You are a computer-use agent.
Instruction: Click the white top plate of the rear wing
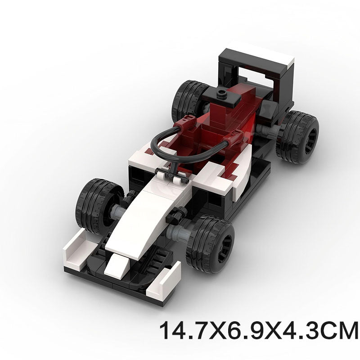pos(261,54)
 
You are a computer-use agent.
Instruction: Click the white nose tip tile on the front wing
pos(116,265)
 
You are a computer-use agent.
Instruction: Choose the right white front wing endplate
pos(164,281)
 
